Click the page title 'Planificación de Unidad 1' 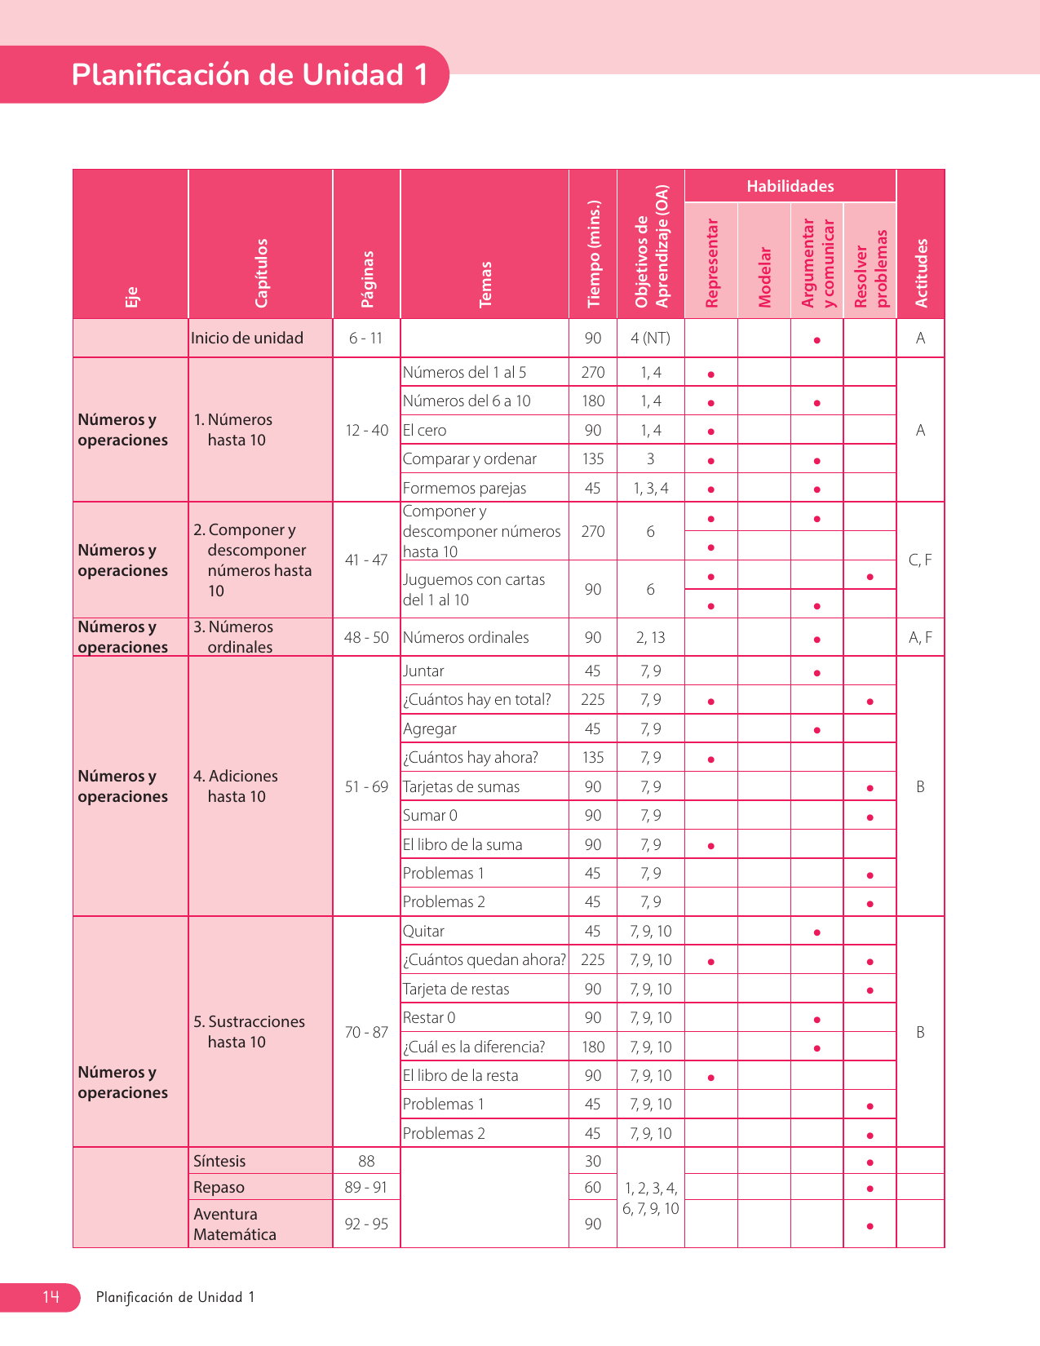point(250,75)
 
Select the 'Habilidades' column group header point(790,186)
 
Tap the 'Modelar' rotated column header point(764,277)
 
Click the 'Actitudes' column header point(921,272)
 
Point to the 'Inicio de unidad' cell point(247,338)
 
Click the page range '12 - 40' point(366,430)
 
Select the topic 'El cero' point(425,430)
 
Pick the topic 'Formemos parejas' point(465,488)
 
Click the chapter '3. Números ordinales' point(233,637)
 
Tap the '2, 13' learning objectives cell point(650,637)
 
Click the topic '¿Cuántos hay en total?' point(477,700)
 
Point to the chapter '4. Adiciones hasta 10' point(237,786)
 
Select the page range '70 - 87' point(366,1032)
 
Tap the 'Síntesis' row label point(219,1161)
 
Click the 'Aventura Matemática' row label point(224,1224)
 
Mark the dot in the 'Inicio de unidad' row point(817,339)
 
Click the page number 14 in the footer point(51,1297)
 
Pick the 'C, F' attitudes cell point(920,560)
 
